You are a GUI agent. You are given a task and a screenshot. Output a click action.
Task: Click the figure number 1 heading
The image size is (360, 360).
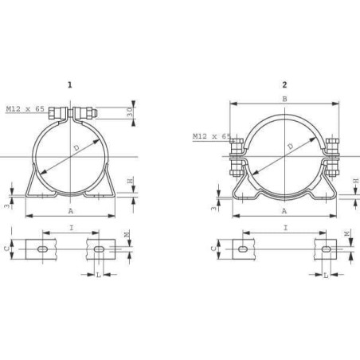coord(70,84)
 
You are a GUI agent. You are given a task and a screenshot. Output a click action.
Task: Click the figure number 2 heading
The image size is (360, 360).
coord(284,84)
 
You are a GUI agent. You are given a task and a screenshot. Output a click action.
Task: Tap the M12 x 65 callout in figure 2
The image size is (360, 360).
coord(211,136)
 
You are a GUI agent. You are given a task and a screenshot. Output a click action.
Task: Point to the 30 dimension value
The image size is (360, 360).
coord(131,113)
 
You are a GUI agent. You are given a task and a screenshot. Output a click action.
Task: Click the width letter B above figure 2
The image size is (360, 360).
coord(284,100)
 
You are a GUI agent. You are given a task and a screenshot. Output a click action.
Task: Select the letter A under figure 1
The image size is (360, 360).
coord(70,211)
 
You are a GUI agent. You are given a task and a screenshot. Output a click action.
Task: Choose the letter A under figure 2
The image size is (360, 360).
coord(284,211)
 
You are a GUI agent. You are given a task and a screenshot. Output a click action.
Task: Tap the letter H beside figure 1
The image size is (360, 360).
coord(131,182)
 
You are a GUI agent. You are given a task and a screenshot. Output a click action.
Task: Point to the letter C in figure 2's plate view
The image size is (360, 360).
coord(213,248)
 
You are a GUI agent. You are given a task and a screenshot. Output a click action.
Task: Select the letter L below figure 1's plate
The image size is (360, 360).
coord(98,275)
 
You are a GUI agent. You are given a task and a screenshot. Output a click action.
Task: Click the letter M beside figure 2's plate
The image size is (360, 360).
coord(346,234)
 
